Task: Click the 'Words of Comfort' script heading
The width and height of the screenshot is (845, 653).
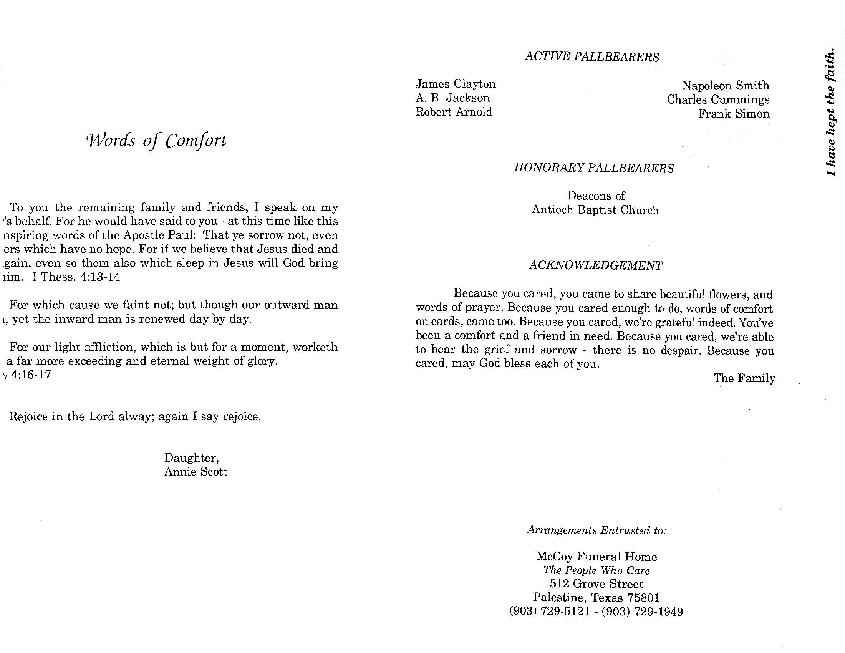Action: coord(156,141)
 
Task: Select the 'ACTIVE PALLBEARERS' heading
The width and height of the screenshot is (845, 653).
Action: coord(591,57)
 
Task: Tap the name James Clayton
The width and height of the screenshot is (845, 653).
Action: coord(456,84)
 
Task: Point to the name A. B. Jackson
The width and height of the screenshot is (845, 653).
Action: coord(452,98)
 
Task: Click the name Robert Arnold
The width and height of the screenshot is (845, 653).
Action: coord(454,112)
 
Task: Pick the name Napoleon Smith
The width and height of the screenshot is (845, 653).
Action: coord(726,86)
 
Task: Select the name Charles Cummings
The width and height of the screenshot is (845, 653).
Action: coord(718,99)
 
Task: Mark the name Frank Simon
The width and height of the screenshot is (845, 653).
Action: coord(734,114)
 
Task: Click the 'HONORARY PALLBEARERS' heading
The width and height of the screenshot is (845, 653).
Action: coord(593,168)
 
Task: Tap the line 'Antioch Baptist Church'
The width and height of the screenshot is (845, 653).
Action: coord(595,210)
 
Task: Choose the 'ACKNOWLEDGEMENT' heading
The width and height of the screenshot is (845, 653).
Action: coord(595,265)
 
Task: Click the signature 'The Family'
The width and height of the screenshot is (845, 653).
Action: coord(744,378)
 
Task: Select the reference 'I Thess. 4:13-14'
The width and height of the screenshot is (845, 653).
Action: coord(76,277)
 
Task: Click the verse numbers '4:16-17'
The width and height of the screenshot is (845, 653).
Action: coord(31,375)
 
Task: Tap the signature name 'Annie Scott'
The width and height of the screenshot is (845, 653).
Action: coord(196,472)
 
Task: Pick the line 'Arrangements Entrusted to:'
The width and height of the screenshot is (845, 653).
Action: coord(596,530)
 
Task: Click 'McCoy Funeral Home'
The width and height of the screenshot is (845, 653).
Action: coord(596,557)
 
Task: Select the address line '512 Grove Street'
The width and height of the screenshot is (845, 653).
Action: coord(596,584)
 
